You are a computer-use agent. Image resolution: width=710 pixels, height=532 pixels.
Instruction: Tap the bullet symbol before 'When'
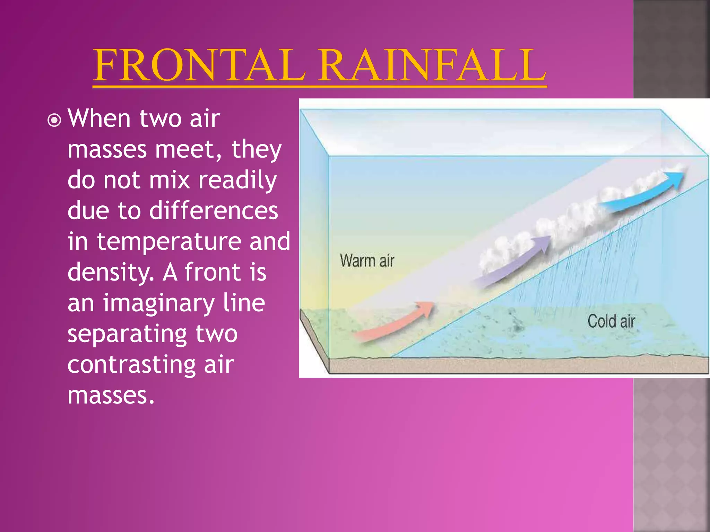[54, 121]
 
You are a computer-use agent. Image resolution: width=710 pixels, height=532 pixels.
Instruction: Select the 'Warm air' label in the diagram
[367, 260]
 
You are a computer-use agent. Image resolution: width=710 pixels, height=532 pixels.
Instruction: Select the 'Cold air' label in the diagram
[611, 321]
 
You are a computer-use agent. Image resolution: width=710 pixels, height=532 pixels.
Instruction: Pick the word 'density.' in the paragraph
[110, 273]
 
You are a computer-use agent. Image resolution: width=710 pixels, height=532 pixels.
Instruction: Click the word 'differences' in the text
[213, 211]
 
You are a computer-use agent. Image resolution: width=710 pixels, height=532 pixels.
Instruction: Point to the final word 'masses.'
[111, 396]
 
